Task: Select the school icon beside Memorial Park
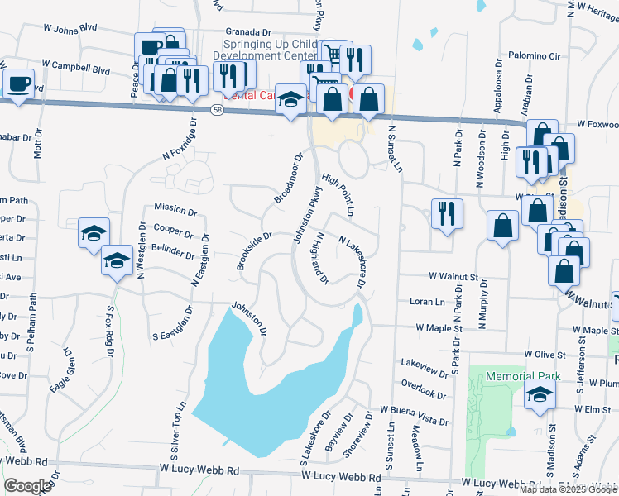(540, 398)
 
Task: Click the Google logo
(27, 485)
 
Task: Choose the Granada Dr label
(248, 31)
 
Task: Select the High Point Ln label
(338, 195)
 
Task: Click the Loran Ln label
(427, 302)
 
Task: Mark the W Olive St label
(544, 354)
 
